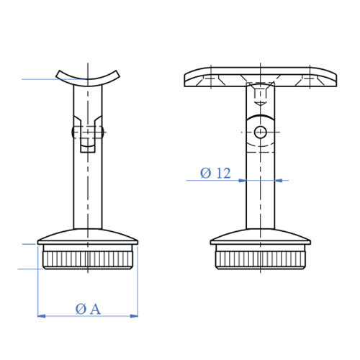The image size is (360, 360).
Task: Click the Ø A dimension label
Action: point(87,308)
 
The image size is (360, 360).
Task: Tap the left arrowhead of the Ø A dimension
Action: point(40,315)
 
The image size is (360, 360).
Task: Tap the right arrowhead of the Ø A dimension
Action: point(134,315)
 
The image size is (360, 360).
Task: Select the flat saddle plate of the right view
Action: point(260,76)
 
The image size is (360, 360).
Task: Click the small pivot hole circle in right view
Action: point(260,131)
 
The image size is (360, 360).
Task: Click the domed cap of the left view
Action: point(87,238)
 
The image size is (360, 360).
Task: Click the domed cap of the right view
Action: point(260,238)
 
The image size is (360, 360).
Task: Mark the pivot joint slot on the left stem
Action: point(87,137)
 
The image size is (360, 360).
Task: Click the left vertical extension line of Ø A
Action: point(37,288)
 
